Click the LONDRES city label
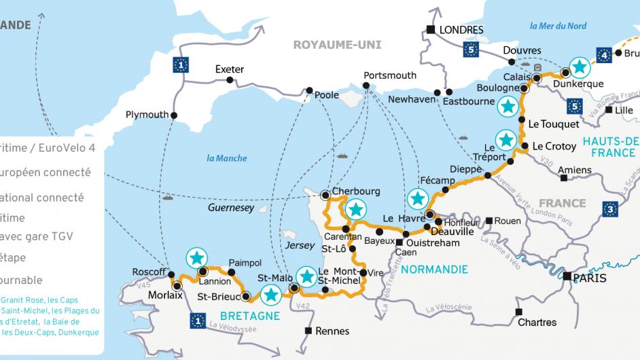(461, 30)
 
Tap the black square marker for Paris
(567, 276)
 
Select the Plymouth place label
(147, 115)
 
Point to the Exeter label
(229, 69)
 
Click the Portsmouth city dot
(366, 86)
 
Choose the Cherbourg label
(356, 192)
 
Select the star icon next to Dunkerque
(579, 66)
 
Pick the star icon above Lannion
(196, 257)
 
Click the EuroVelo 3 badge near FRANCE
(611, 209)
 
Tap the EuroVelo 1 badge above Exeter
(180, 65)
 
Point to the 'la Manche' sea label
(227, 158)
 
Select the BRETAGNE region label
(250, 316)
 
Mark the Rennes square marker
(308, 331)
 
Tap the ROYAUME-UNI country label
(337, 45)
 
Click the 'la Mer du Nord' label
(557, 26)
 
